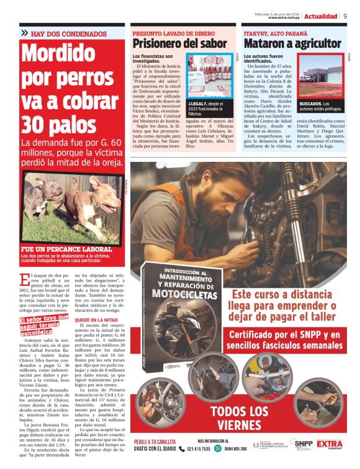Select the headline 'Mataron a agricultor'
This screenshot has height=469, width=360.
292,44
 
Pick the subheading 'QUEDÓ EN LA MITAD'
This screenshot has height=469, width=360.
96,319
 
